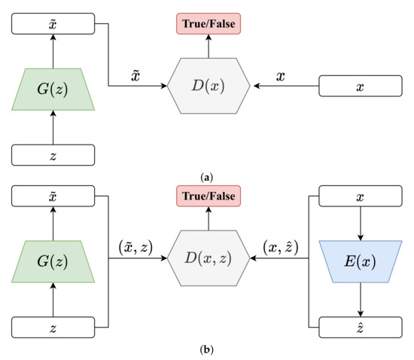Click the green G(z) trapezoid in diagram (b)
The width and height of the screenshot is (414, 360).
(x=53, y=261)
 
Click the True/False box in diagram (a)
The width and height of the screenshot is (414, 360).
(x=206, y=24)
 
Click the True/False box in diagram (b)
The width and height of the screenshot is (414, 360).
(x=206, y=197)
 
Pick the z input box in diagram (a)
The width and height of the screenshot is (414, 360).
(x=53, y=154)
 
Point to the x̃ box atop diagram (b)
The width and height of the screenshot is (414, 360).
(x=53, y=197)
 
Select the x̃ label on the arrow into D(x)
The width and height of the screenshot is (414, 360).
(x=137, y=75)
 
